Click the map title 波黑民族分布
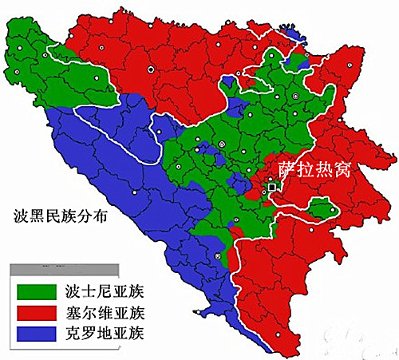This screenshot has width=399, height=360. click(x=60, y=216)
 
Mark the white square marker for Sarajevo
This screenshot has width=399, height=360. click(x=272, y=187)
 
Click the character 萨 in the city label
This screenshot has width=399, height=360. click(x=287, y=169)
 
